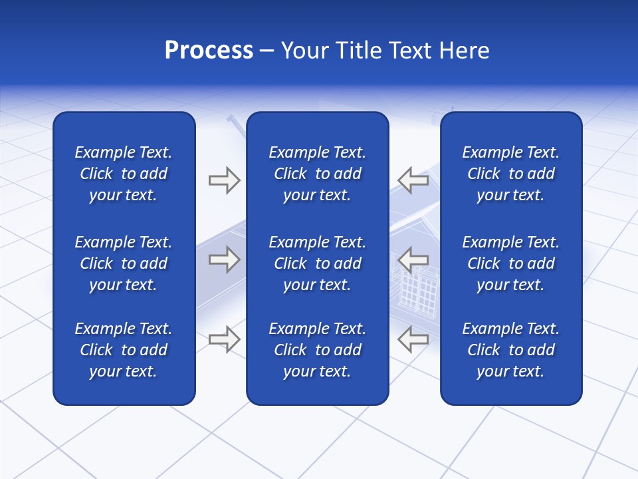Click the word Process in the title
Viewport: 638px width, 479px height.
[x=209, y=51]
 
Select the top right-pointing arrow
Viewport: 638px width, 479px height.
[x=224, y=180]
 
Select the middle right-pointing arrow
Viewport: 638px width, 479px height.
[x=224, y=259]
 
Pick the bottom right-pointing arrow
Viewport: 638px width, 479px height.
[x=224, y=339]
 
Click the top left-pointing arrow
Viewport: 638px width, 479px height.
[x=413, y=180]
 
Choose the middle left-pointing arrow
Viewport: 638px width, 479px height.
[x=413, y=259]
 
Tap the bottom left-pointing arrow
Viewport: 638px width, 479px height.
[x=413, y=339]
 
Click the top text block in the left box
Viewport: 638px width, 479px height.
[x=124, y=174]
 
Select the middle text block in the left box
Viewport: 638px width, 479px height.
[x=124, y=263]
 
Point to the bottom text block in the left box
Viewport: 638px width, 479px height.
[x=124, y=350]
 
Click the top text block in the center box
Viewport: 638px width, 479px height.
[x=317, y=174]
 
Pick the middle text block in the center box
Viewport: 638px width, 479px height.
[x=317, y=263]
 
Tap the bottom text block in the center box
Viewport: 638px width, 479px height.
[x=317, y=350]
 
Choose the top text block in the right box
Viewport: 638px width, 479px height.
[x=510, y=174]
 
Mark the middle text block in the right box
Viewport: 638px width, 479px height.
[x=510, y=263]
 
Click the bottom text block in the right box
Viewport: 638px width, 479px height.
[x=510, y=350]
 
